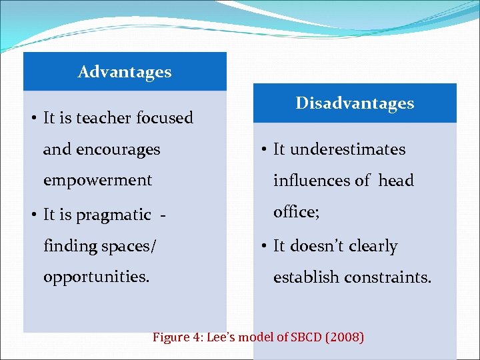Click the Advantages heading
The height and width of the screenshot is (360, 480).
pos(124,71)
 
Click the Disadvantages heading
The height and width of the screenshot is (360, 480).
pos(355,103)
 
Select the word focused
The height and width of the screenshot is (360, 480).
pos(165,118)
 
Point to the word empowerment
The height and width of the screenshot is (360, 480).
pos(97,180)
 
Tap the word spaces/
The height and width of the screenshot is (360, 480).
pos(127,246)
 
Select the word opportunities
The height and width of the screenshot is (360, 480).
pos(96,277)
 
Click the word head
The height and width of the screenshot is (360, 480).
pos(396,181)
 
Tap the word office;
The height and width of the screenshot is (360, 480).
pos(297,212)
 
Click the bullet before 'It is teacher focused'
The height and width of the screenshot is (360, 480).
pos(33,119)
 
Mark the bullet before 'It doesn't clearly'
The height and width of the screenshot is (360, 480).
pos(263,247)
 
